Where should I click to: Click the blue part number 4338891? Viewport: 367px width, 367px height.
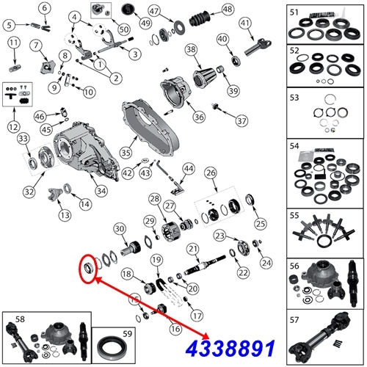click(230, 348)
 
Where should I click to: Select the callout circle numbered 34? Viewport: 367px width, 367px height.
click(101, 191)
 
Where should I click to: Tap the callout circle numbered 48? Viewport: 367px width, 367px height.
click(228, 10)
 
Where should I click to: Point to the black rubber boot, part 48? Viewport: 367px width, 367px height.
click(200, 19)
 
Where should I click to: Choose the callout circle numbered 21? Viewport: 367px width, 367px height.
click(193, 249)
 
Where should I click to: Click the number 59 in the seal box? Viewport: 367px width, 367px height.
click(127, 334)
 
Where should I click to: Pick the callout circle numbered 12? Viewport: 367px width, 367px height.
click(14, 127)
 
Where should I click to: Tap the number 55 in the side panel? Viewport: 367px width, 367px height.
click(294, 216)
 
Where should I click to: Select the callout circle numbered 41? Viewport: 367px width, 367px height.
click(245, 23)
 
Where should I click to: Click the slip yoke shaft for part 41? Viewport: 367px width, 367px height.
click(258, 47)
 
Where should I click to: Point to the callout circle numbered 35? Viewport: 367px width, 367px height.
click(126, 153)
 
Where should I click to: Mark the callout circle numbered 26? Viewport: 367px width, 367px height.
click(211, 173)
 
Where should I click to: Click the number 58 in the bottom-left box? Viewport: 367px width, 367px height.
click(20, 319)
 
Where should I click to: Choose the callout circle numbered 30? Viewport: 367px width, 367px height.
click(120, 229)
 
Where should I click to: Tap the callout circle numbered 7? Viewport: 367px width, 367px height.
click(37, 46)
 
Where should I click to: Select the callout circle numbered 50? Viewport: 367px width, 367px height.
click(124, 29)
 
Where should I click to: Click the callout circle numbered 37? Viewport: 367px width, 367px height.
click(241, 121)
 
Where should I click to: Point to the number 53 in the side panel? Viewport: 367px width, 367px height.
click(294, 98)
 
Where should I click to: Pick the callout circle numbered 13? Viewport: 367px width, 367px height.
click(65, 215)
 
